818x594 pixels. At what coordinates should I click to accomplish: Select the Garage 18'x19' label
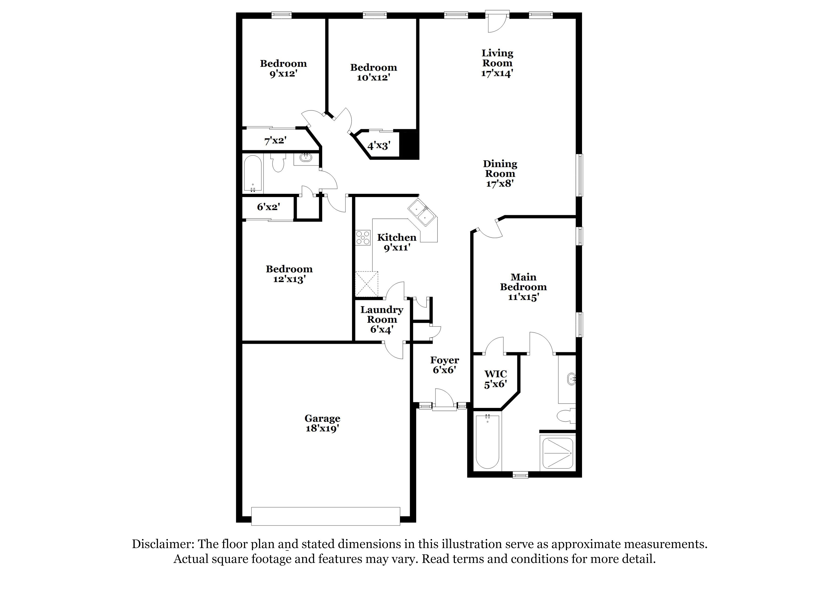(322, 423)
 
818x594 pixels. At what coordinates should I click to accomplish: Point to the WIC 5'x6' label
(496, 379)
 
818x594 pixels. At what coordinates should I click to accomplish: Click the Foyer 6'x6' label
(444, 365)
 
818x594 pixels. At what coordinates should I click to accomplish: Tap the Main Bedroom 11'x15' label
(523, 287)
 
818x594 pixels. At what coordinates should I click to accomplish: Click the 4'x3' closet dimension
(379, 146)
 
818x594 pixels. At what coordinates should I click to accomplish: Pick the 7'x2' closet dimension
(275, 141)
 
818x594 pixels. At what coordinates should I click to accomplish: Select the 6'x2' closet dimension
(268, 207)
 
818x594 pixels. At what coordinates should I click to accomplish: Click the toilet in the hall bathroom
(278, 164)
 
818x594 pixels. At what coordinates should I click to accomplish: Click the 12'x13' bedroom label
(289, 274)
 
